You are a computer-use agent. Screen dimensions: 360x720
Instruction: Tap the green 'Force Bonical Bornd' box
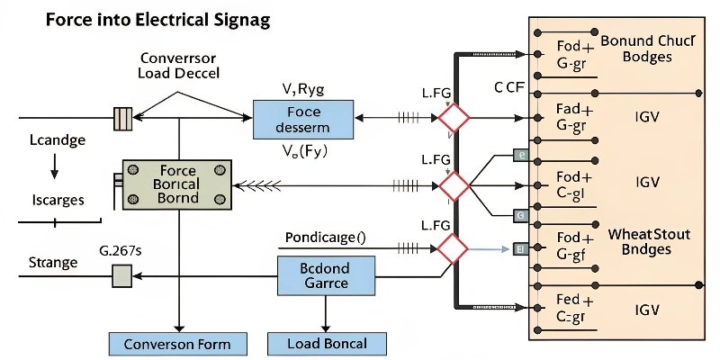177,184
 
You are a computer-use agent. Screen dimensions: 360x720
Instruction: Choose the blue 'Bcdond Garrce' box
324,276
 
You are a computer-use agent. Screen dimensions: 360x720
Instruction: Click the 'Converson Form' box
177,344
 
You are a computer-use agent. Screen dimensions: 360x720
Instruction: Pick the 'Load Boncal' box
328,344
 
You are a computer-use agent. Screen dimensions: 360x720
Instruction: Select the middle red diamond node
454,186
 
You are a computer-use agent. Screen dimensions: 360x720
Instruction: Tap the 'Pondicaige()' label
325,238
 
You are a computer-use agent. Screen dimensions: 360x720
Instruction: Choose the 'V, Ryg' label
303,88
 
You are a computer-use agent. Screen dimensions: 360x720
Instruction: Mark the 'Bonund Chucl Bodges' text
647,49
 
